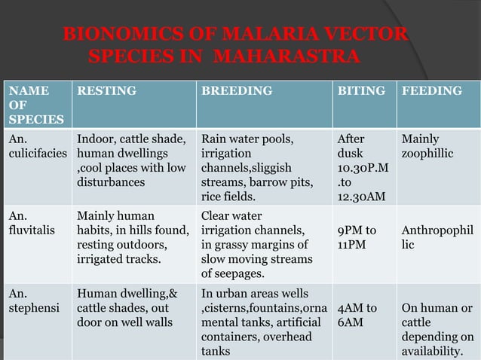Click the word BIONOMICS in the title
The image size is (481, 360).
[x=110, y=35]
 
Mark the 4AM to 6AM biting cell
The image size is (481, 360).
[x=357, y=315]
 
